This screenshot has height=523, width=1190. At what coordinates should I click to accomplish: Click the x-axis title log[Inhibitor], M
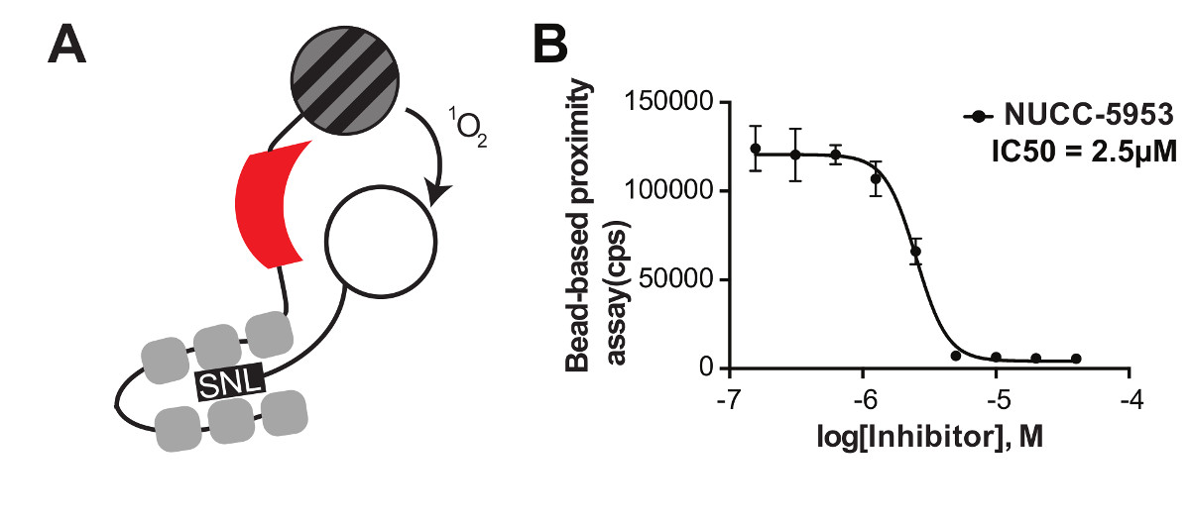click(x=930, y=437)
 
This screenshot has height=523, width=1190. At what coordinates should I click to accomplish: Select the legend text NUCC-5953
click(x=1088, y=117)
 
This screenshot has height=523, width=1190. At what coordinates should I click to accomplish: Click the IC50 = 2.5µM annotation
click(x=1072, y=154)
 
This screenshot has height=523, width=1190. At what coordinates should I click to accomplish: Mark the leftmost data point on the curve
click(x=756, y=149)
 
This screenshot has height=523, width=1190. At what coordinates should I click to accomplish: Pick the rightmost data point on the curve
click(x=1076, y=359)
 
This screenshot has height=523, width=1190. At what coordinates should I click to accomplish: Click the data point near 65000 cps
click(x=916, y=252)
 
